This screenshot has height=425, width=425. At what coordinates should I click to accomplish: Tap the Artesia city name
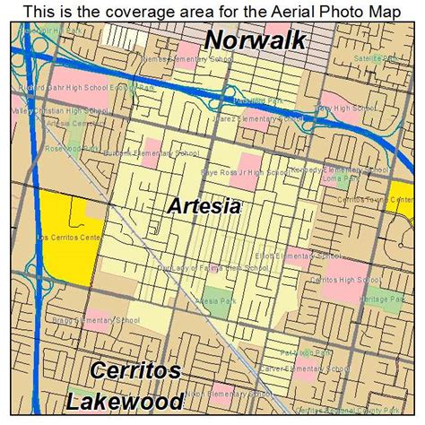(x=204, y=206)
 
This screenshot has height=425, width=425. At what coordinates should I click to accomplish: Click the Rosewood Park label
(x=45, y=150)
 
